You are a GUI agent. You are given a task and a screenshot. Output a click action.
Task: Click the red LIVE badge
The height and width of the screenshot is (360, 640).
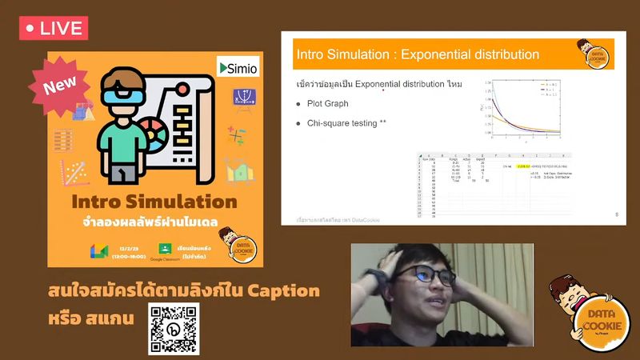coord(53,28)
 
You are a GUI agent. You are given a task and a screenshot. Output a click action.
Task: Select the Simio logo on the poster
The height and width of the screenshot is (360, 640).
coord(238,69)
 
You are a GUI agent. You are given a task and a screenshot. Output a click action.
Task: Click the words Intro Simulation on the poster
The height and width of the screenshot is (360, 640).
coord(154,201)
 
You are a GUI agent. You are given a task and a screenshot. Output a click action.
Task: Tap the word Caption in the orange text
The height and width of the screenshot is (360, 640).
coord(281,290)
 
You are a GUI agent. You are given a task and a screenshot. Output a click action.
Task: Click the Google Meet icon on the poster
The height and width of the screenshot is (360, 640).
coord(99,250)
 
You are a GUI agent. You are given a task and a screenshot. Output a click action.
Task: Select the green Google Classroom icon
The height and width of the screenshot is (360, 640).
coord(166,249)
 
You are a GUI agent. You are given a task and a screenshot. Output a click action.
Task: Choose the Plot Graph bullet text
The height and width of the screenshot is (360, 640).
coord(328,103)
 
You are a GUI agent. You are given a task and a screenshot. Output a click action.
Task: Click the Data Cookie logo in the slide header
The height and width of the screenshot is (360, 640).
coord(594,54)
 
